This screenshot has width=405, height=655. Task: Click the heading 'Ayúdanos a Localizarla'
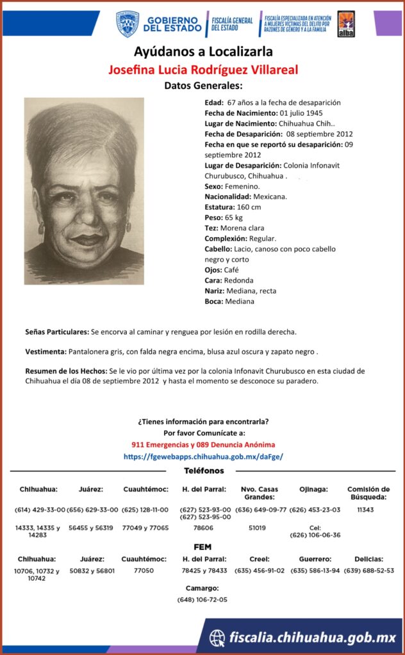(202, 51)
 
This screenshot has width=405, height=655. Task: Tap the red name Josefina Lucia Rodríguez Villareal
(202, 69)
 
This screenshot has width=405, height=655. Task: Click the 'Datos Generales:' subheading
(202, 85)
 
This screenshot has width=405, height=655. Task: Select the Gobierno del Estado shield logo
(128, 24)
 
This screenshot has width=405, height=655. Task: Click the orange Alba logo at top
(346, 24)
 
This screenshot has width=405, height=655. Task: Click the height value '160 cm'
(247, 207)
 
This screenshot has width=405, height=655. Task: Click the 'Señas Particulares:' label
(57, 332)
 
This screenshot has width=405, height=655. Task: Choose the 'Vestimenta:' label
(45, 352)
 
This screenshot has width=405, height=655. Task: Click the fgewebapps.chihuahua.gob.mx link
(202, 456)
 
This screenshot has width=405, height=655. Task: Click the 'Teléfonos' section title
(204, 471)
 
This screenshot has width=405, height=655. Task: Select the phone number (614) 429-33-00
(40, 510)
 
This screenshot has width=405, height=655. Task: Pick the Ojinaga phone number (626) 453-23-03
(315, 510)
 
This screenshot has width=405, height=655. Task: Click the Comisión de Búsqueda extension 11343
(365, 510)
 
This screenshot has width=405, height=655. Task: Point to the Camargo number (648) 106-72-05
(202, 599)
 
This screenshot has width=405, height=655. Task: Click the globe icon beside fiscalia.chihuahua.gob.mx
(218, 637)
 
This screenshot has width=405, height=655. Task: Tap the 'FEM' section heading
(202, 548)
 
